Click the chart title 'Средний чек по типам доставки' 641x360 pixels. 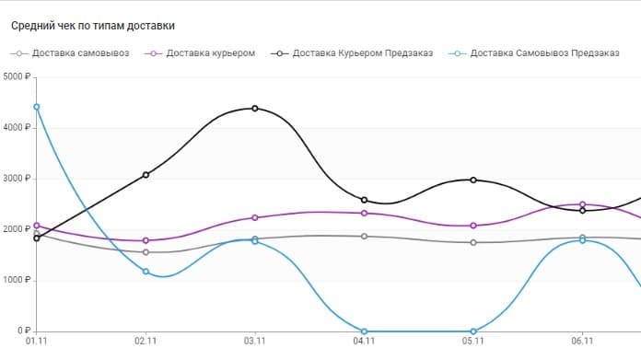tap(92, 26)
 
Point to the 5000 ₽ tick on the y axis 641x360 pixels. tap(17, 76)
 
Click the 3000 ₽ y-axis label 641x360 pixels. tap(17, 179)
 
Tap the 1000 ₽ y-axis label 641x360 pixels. tap(17, 281)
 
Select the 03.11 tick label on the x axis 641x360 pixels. tap(255, 341)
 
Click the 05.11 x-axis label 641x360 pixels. tap(473, 341)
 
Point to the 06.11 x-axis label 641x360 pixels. tap(582, 341)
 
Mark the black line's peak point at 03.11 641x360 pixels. tap(255, 109)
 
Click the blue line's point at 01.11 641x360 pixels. tap(37, 107)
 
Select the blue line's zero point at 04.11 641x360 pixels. tap(365, 331)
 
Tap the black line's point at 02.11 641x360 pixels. tap(146, 175)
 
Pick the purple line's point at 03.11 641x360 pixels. tap(255, 217)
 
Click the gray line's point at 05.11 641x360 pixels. tap(473, 242)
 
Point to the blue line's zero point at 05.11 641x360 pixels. tap(473, 331)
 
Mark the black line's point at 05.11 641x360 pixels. tap(473, 180)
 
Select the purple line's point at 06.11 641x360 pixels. tap(582, 204)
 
